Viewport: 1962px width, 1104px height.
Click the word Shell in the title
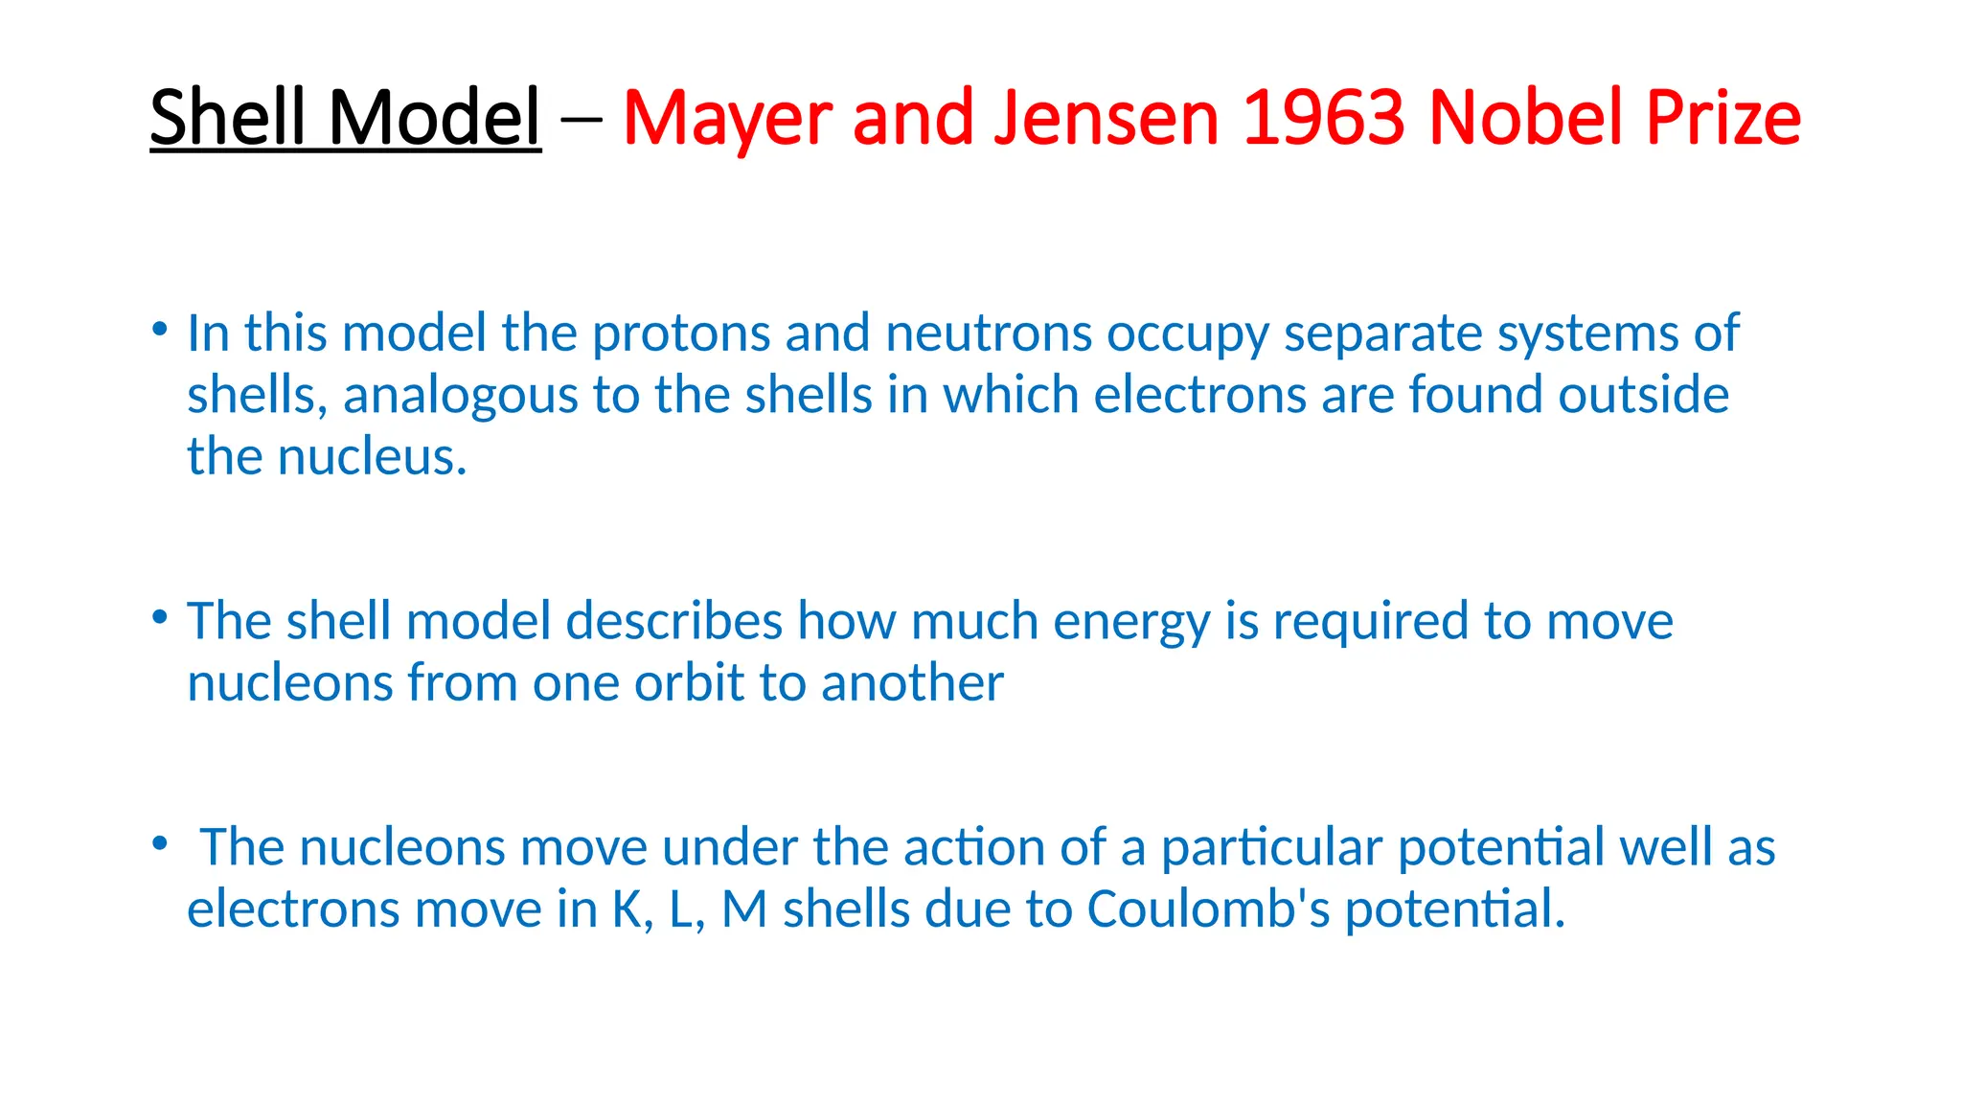[x=231, y=117]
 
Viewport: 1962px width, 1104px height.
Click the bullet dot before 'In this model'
[x=160, y=330]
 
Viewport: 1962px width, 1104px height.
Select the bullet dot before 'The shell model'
[x=160, y=617]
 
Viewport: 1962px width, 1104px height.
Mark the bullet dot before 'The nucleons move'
[x=160, y=843]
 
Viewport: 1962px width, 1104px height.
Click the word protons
[x=681, y=334]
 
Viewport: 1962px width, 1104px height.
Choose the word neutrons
[x=989, y=334]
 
